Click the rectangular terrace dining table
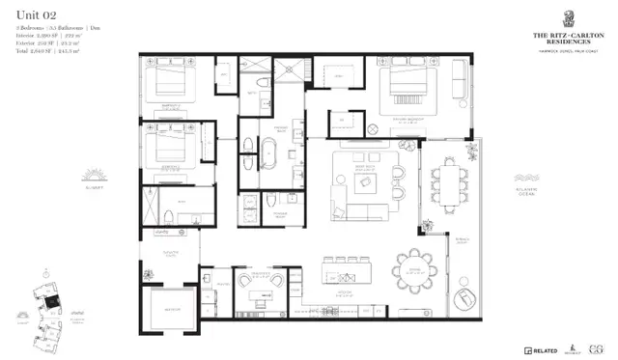tap(449, 180)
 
